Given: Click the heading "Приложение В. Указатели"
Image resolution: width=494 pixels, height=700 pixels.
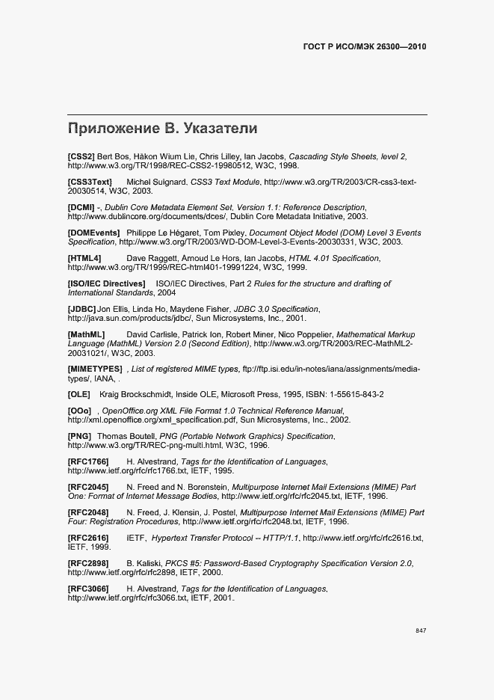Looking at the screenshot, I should tap(162, 128).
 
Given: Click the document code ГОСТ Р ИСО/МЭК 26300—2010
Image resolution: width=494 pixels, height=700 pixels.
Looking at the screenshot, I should tap(363, 46).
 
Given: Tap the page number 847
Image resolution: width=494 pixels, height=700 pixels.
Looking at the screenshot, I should tap(421, 631).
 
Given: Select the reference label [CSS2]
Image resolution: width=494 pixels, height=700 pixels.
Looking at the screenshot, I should tap(81, 156).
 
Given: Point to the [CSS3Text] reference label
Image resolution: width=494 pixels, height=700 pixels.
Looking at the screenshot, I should tap(90, 182).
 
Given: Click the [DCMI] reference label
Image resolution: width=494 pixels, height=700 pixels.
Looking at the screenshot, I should tap(81, 206).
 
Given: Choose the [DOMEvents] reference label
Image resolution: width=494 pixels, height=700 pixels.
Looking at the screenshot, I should tap(93, 233).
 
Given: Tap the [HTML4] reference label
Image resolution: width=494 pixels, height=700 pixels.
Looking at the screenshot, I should tap(84, 258).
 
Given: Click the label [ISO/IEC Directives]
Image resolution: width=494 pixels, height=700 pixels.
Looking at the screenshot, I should tap(106, 284).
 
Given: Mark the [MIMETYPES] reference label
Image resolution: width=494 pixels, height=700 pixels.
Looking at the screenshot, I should tap(95, 369).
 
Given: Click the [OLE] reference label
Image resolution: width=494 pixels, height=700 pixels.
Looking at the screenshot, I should tap(78, 394).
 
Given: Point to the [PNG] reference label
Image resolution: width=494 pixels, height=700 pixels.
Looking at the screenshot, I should tap(79, 436).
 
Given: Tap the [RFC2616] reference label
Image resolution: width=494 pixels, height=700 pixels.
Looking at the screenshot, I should tap(88, 538).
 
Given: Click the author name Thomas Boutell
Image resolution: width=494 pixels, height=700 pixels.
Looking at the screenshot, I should tap(124, 436).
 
